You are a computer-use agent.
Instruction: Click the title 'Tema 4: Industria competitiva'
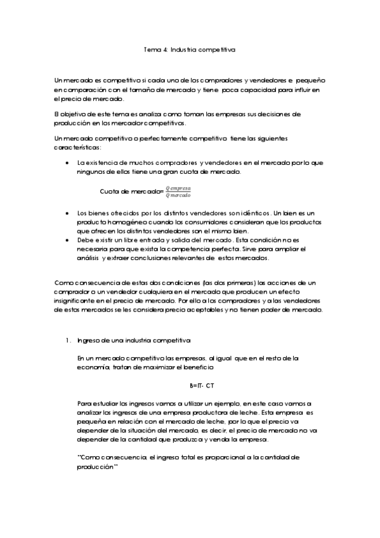click(190, 48)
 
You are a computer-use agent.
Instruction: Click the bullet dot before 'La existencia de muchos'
click(68, 164)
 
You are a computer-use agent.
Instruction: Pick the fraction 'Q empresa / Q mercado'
click(178, 192)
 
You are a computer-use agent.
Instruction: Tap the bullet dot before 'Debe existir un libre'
click(68, 241)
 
